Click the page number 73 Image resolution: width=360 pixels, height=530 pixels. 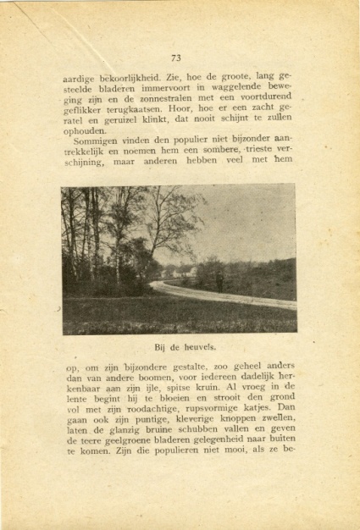pyautogui.click(x=176, y=58)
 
